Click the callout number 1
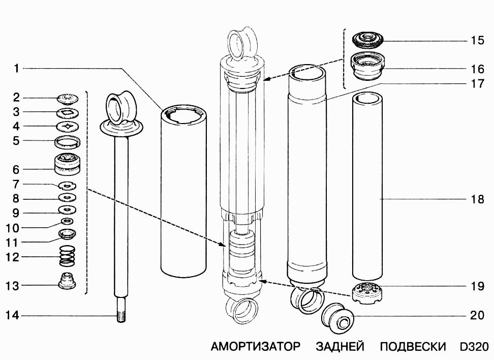(17, 68)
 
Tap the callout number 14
(12, 315)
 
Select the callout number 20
(477, 315)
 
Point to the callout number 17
(477, 84)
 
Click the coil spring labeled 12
(68, 255)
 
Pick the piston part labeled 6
(67, 164)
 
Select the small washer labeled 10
(67, 221)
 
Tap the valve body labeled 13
(67, 280)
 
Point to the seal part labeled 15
(367, 40)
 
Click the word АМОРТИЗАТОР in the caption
(256, 346)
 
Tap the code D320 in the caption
(475, 346)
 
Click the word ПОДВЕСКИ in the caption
(413, 346)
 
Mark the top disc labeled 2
(68, 98)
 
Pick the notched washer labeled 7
(68, 186)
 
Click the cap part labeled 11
(68, 234)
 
